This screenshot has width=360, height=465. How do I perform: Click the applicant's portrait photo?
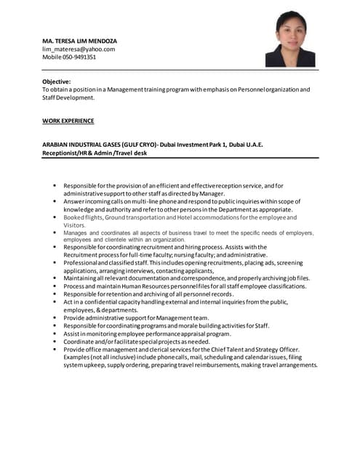coord(295,39)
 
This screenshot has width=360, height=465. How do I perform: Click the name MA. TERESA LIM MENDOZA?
coord(79,40)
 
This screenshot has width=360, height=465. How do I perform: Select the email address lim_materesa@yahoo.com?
coord(79,49)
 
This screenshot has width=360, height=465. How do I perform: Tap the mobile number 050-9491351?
coord(69,57)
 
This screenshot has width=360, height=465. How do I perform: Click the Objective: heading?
coord(56,81)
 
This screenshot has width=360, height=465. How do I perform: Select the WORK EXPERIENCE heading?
coord(68,121)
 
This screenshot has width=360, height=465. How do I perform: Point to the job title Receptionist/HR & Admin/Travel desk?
coord(97,153)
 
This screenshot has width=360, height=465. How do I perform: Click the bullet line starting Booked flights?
coord(180,217)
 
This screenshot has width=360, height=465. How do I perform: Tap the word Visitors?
coord(75,225)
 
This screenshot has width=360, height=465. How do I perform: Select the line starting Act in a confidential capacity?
coord(175,302)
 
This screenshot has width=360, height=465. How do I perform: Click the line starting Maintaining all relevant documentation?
coord(186,278)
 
